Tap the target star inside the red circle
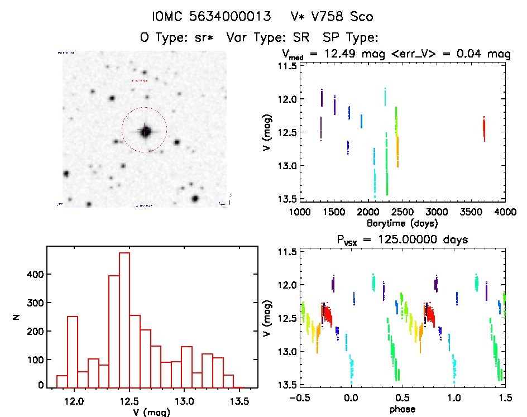pyautogui.click(x=145, y=132)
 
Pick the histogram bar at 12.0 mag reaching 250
pyautogui.click(x=73, y=352)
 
